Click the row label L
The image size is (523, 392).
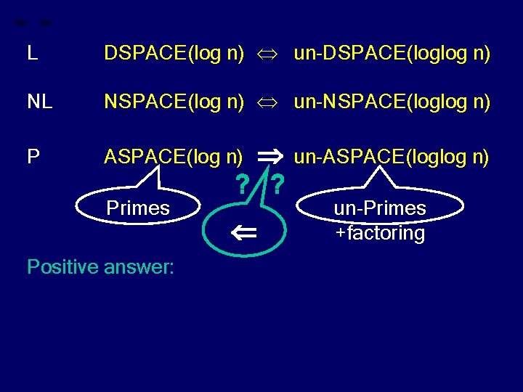pos(31,53)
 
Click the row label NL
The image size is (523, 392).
pos(39,103)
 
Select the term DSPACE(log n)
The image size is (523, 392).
pos(174,53)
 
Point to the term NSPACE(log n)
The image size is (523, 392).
pos(174,103)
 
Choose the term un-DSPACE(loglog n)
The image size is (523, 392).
pos(392,53)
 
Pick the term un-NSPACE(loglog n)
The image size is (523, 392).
pos(392,103)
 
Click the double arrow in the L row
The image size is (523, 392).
pos(268,54)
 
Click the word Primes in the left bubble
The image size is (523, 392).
pos(138,208)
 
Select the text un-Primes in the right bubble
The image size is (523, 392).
pos(380,208)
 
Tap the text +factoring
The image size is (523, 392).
pos(380,234)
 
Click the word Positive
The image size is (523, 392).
pos(62,266)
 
